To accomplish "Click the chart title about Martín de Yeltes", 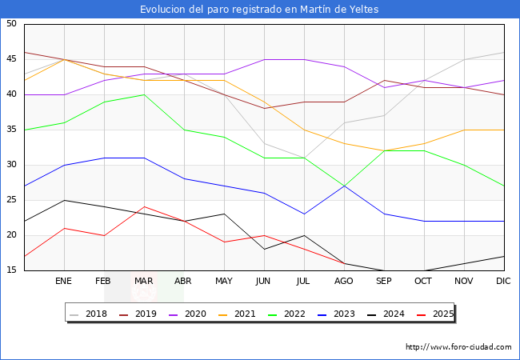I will pos(259,10).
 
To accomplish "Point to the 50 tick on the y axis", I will pos(11,24).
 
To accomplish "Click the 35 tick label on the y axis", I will pos(11,130).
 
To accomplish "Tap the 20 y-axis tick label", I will pos(11,235).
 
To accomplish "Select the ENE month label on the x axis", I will pos(64,282).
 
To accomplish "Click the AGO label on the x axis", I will pos(344,282).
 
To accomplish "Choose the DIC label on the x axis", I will pos(503,282).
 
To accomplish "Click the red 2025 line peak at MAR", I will pos(144,207).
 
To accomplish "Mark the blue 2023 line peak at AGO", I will pos(344,186).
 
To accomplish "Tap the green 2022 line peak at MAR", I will pos(144,94).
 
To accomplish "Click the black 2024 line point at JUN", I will pos(264,250).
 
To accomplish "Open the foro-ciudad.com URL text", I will pos(458,347).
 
